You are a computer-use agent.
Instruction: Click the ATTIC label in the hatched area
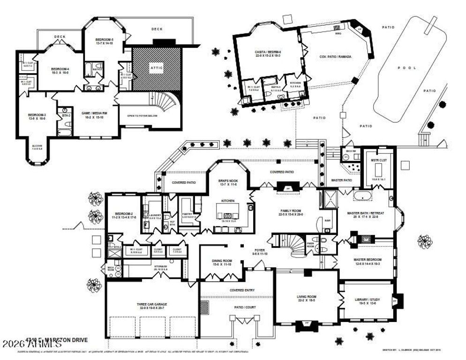tap(157, 67)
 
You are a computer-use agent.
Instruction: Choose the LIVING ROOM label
tap(307, 298)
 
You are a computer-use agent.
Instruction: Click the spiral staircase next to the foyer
tap(297, 246)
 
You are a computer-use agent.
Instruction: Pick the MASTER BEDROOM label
tap(368, 261)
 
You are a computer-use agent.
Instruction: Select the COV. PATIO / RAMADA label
tap(335, 57)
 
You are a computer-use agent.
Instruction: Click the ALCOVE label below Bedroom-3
tap(37, 147)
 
